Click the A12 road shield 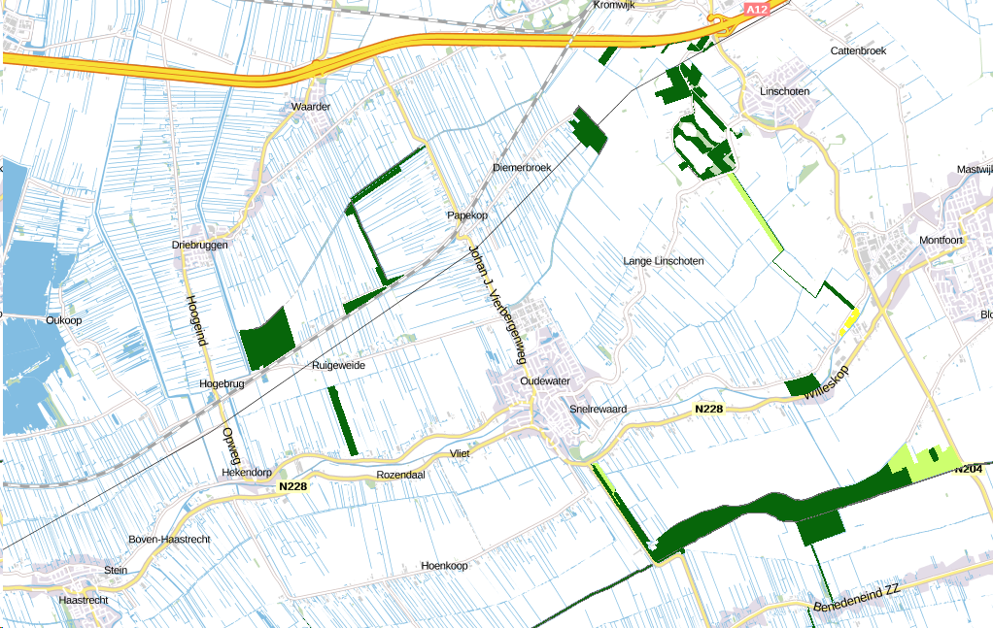[x=756, y=9]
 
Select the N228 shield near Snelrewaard [x=709, y=410]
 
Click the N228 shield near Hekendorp [x=292, y=486]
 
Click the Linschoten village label [x=783, y=91]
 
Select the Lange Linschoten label [x=664, y=261]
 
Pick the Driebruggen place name [x=200, y=245]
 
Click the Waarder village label [x=311, y=107]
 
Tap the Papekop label [x=466, y=215]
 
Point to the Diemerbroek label [x=522, y=167]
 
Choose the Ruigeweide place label [x=338, y=366]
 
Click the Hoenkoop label [x=444, y=565]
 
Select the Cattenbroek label [x=859, y=50]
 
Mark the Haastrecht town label [x=84, y=600]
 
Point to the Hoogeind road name [x=197, y=319]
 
